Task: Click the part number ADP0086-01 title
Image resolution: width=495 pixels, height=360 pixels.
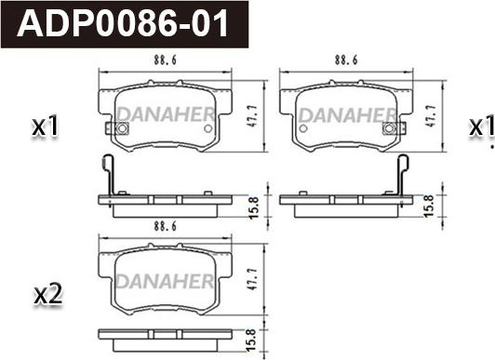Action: (x=123, y=23)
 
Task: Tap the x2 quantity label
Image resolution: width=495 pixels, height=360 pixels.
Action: (x=48, y=295)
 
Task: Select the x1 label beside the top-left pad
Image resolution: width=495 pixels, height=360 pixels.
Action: (x=46, y=126)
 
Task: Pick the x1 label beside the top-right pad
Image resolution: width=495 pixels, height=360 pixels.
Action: (x=481, y=126)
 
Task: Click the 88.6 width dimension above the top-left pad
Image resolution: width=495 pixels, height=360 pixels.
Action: (x=165, y=60)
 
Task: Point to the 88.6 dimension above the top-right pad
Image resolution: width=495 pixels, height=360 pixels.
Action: (x=346, y=60)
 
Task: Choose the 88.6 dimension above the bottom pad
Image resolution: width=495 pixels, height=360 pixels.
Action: (x=165, y=226)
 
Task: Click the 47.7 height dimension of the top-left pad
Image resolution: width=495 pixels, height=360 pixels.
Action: (x=252, y=115)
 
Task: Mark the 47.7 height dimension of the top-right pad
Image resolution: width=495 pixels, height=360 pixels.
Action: (x=431, y=115)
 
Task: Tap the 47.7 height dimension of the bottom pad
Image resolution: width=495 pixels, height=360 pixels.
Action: (x=252, y=280)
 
